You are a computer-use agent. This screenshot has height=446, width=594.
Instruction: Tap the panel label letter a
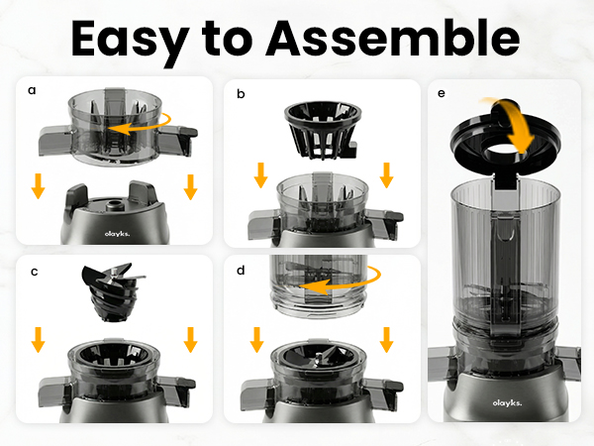(32, 90)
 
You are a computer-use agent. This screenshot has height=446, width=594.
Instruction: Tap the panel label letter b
(241, 93)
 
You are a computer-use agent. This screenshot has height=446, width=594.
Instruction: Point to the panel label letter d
(242, 271)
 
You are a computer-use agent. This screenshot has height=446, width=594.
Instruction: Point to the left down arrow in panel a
(39, 185)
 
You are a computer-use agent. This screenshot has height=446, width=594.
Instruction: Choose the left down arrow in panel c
(39, 341)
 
